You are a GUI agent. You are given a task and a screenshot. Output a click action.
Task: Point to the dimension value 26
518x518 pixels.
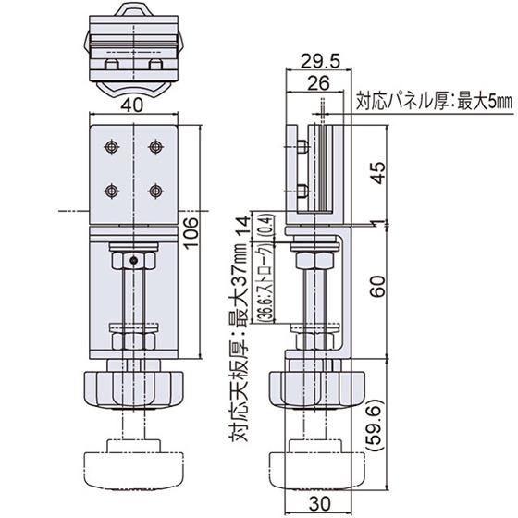tap(317, 83)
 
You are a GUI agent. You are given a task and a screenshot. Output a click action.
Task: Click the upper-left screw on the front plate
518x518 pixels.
tap(112, 147)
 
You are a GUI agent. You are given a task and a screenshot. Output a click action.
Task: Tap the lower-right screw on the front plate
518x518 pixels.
tap(154, 190)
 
